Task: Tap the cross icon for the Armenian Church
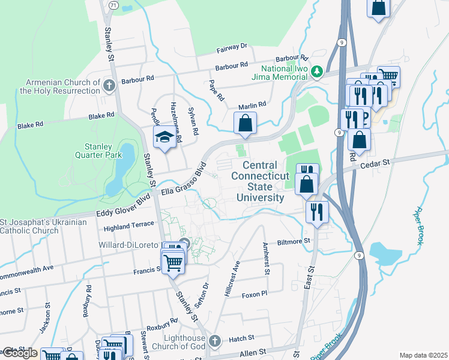point(109,86)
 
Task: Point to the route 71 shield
point(113,5)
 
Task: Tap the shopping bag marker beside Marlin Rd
point(245,124)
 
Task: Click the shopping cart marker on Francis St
point(173,262)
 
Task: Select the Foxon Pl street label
point(253,295)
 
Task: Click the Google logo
point(19,353)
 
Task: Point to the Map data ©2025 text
point(423,355)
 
